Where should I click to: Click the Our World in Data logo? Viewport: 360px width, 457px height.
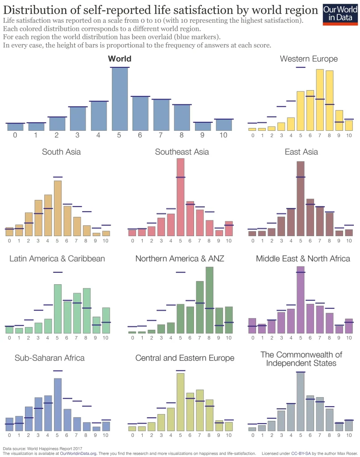(340, 15)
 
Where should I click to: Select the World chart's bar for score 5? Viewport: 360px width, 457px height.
(120, 99)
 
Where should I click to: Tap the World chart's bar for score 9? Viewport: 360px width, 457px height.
(203, 126)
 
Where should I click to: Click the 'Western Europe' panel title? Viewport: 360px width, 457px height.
(309, 59)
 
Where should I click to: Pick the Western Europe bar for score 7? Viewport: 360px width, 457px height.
(320, 100)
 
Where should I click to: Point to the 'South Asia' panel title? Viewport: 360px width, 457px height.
(61, 152)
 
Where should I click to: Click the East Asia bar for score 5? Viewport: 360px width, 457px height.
(300, 199)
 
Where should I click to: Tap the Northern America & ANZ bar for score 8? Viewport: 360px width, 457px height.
(209, 300)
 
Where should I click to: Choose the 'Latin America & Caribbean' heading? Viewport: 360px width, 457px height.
(57, 258)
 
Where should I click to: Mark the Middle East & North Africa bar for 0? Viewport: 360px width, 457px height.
(252, 326)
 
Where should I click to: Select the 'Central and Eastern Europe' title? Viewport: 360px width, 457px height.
(185, 358)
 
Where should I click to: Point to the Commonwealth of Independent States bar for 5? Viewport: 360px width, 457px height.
(300, 401)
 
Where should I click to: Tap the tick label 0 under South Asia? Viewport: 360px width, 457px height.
(9, 241)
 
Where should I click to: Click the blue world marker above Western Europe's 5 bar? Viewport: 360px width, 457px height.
(300, 67)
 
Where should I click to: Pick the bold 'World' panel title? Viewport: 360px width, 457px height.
(120, 59)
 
